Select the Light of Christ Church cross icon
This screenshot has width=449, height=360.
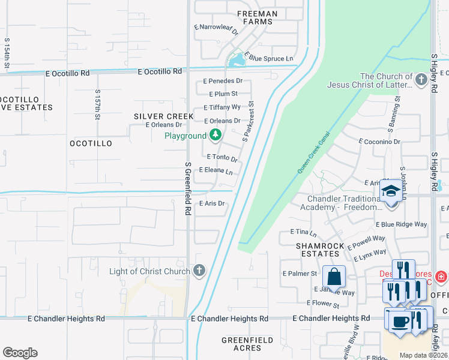[x=199, y=271]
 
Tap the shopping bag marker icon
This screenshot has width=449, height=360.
[x=334, y=277]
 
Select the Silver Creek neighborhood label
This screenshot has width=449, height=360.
[x=163, y=116]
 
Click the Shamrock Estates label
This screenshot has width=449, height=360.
[x=320, y=250]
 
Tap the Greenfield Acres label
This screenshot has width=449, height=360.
[x=247, y=344]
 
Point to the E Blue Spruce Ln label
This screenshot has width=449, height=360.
[x=271, y=59]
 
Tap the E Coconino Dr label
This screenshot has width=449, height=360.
[x=379, y=142]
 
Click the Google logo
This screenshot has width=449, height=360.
[x=20, y=353]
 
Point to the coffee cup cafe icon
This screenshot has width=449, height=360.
[x=399, y=320]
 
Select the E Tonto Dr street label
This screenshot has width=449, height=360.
[x=222, y=158]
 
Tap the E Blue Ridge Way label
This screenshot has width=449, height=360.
[x=401, y=224]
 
